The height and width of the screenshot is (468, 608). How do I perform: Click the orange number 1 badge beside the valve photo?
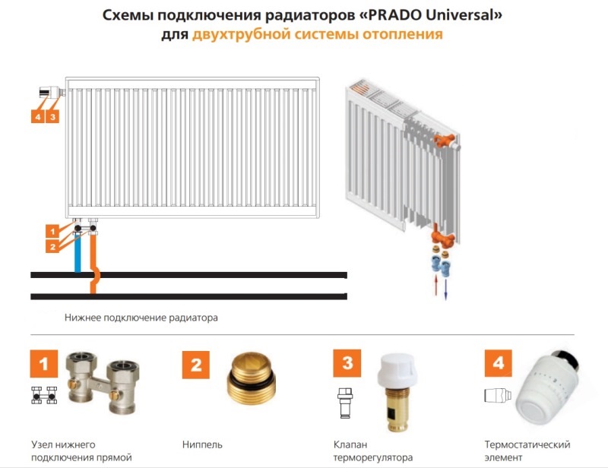(44, 364)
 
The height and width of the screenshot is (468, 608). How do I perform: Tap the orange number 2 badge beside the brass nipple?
(196, 365)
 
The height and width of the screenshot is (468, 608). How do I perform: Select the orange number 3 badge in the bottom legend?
(347, 363)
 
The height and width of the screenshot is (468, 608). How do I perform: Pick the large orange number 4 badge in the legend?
(499, 363)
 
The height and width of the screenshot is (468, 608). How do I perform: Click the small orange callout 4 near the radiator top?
(37, 117)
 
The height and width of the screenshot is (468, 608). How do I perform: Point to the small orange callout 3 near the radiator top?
(52, 117)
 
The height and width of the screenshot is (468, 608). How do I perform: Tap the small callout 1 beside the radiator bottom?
(52, 232)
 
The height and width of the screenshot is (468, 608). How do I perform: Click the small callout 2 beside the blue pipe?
(52, 247)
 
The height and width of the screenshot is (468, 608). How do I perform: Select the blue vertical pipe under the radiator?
(78, 253)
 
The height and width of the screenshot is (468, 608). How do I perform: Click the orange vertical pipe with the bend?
(93, 264)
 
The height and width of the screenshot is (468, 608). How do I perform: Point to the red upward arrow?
(436, 286)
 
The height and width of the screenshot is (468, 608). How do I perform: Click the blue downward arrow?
(446, 289)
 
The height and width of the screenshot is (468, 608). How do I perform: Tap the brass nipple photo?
(252, 378)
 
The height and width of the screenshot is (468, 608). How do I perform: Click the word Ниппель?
(202, 444)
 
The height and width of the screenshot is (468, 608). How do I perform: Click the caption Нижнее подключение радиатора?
(141, 318)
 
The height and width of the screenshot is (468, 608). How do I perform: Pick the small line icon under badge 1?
(44, 395)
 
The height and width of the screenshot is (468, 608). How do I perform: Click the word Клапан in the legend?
(350, 444)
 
